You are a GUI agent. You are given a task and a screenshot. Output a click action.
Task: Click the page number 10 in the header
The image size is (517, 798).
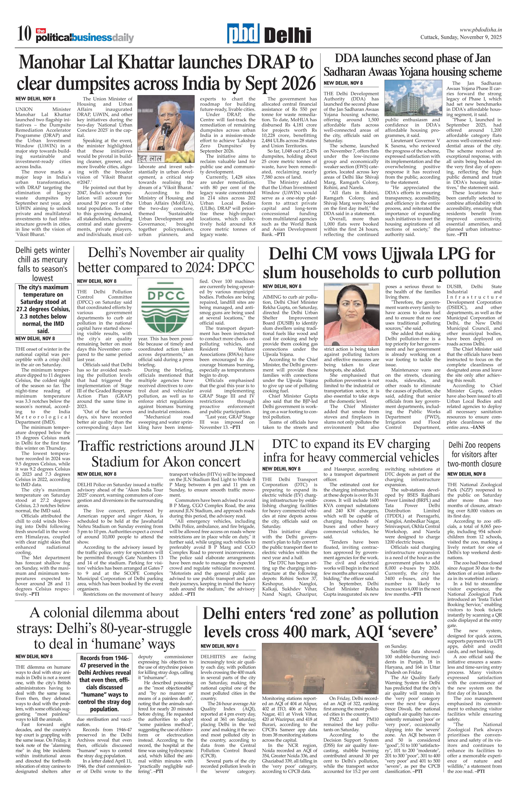(x=24, y=35)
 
